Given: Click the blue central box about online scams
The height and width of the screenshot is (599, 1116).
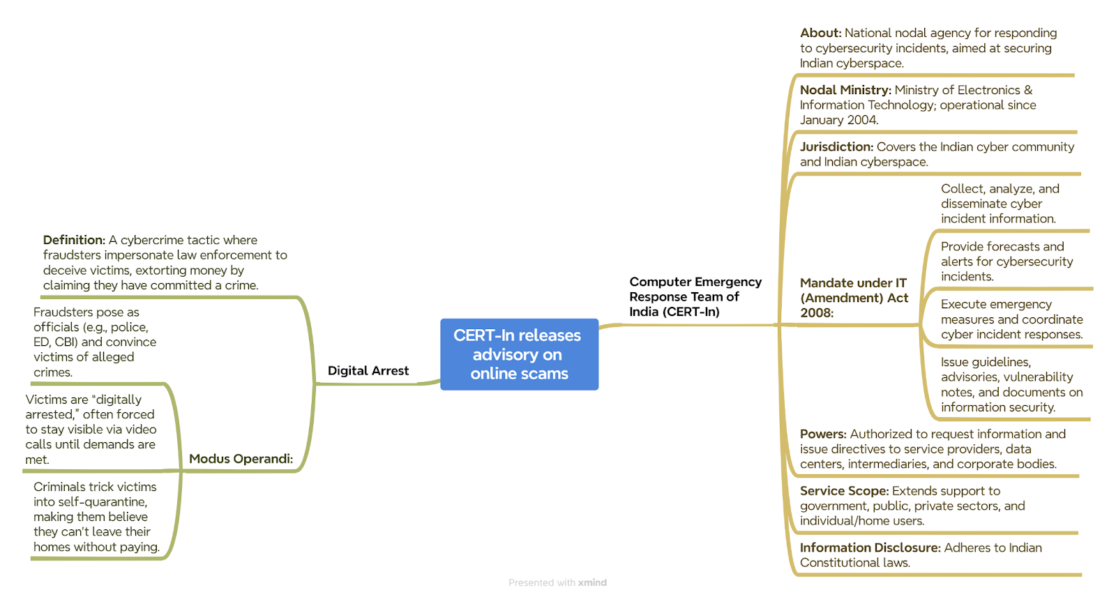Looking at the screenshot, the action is pyautogui.click(x=519, y=354).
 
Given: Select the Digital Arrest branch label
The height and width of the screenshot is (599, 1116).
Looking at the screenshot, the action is pyautogui.click(x=368, y=370).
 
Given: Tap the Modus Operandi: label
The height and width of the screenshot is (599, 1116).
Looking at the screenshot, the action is pyautogui.click(x=241, y=459).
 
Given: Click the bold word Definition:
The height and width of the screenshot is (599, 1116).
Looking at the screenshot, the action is pyautogui.click(x=74, y=240).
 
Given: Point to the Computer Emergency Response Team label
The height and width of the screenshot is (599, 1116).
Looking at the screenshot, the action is pyautogui.click(x=695, y=297).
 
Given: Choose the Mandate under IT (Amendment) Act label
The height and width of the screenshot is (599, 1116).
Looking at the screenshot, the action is pyautogui.click(x=854, y=298).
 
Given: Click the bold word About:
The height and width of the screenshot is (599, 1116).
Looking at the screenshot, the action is pyautogui.click(x=820, y=33).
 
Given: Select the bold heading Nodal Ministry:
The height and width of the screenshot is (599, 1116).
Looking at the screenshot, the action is pyautogui.click(x=845, y=90).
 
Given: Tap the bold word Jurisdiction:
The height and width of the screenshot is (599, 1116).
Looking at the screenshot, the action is pyautogui.click(x=836, y=147).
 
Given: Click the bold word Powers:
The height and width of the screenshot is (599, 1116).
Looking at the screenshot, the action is pyautogui.click(x=823, y=434).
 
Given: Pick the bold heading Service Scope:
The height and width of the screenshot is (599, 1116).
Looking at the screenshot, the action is pyautogui.click(x=845, y=491).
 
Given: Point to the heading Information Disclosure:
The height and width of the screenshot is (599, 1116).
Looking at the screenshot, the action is pyautogui.click(x=870, y=547).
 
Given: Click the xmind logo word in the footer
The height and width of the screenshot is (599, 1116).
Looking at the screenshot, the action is pyautogui.click(x=592, y=582).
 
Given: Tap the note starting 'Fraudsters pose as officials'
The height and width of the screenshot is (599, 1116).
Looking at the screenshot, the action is pyautogui.click(x=95, y=342).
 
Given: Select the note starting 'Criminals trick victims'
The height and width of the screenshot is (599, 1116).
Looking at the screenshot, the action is pyautogui.click(x=97, y=517).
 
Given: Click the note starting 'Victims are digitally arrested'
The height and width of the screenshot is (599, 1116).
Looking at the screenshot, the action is pyautogui.click(x=91, y=430).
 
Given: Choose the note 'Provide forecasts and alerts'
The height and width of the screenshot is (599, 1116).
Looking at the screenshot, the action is pyautogui.click(x=1007, y=261).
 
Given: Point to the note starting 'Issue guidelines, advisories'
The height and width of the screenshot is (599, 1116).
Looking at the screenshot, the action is pyautogui.click(x=1012, y=384).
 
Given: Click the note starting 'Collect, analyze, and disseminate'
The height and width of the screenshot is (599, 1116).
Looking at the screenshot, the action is pyautogui.click(x=1000, y=204).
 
